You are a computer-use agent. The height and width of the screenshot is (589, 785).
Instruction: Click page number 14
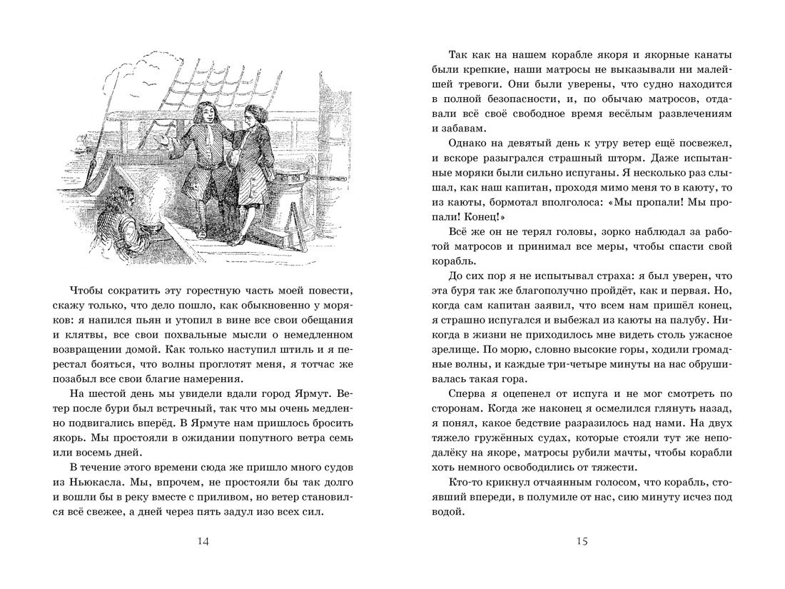pos(203,542)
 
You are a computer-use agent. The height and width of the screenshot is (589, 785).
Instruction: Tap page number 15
pos(581,542)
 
